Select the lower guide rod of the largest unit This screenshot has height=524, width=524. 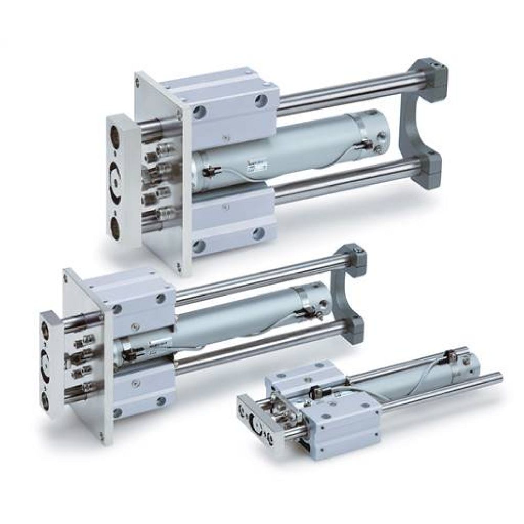click(346, 184)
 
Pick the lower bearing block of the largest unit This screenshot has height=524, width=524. click(231, 220)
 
